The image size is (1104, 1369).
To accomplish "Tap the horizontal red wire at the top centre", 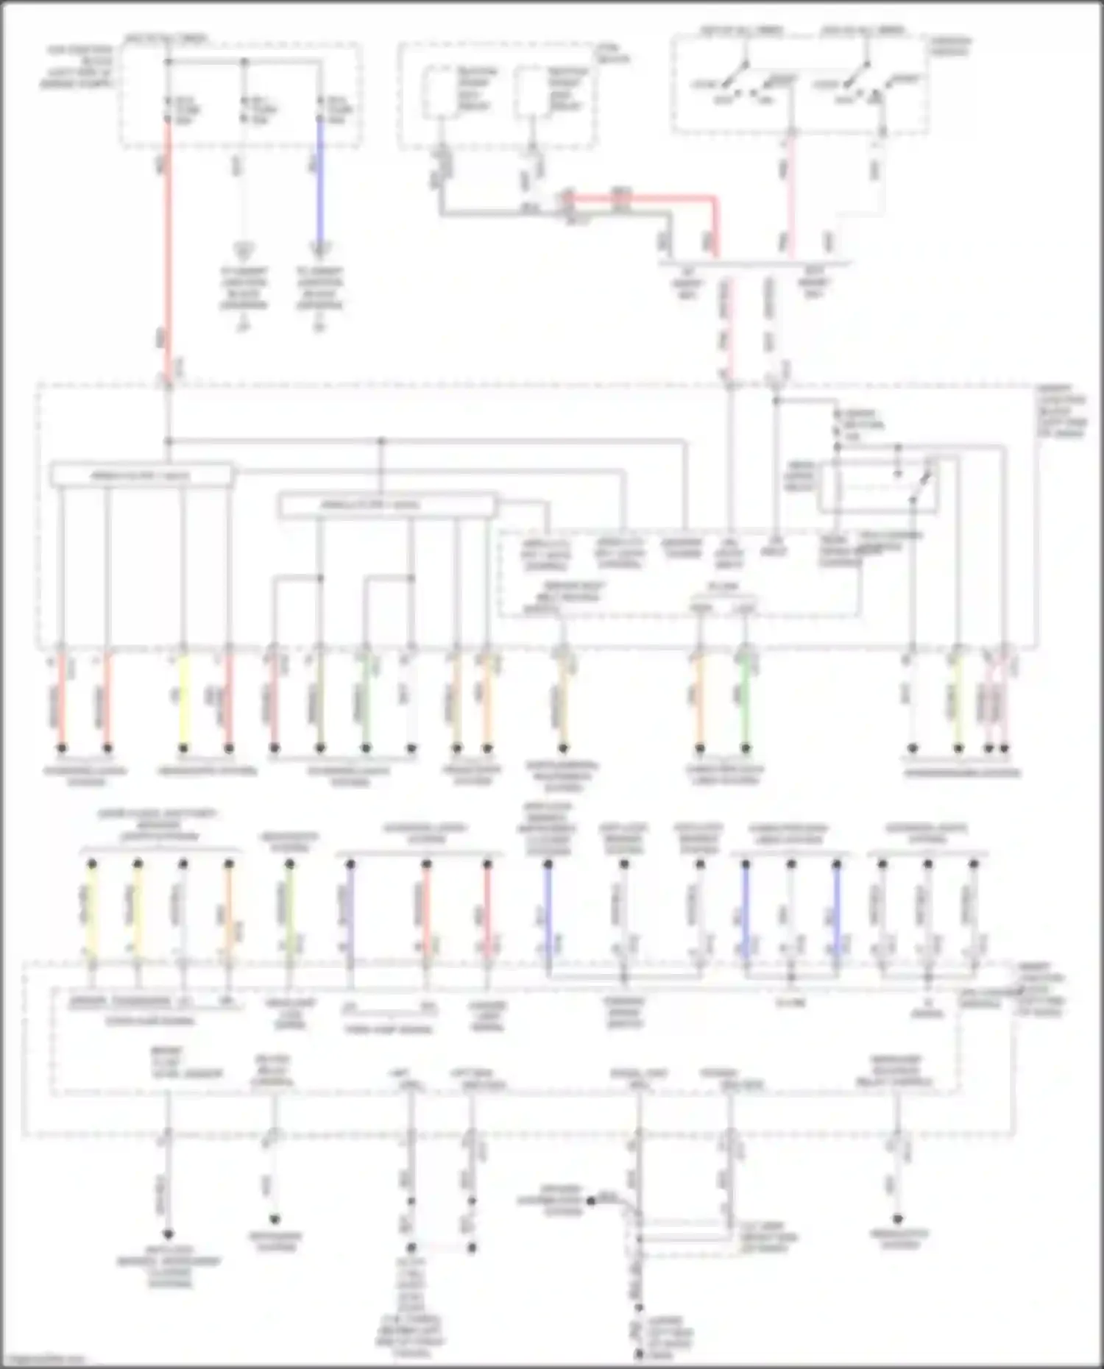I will pyautogui.click(x=640, y=198).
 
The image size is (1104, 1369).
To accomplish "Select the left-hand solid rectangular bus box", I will pyautogui.click(x=141, y=475).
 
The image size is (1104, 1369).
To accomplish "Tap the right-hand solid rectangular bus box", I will pyautogui.click(x=388, y=505).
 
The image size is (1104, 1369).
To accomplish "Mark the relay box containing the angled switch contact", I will pyautogui.click(x=878, y=486).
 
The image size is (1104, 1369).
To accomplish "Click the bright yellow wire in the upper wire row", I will pyautogui.click(x=183, y=699).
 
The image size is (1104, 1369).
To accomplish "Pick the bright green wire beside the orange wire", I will pyautogui.click(x=746, y=699).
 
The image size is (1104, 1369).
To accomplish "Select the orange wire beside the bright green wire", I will pyautogui.click(x=699, y=699).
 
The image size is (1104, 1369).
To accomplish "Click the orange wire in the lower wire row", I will pyautogui.click(x=229, y=912).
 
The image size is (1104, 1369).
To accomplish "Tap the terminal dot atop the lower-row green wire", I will pyautogui.click(x=290, y=864).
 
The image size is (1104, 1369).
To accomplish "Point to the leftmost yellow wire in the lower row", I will pyautogui.click(x=92, y=912).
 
